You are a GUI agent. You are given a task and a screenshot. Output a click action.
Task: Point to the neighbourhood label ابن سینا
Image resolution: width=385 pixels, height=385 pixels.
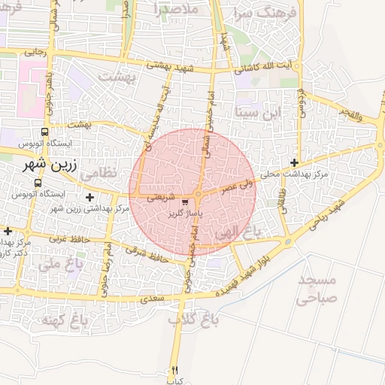pyautogui.click(x=261, y=114)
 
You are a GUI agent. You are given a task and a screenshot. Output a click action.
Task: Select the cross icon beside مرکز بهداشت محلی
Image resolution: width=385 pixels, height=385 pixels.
pyautogui.click(x=294, y=162)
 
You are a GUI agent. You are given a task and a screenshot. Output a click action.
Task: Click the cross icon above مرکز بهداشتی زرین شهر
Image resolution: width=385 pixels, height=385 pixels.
pyautogui.click(x=90, y=197)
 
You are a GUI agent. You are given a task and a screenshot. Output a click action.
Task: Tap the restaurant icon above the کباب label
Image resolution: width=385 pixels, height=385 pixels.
pyautogui.click(x=175, y=369)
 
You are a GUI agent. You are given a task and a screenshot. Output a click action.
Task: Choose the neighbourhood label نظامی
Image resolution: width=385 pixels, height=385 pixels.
pyautogui.click(x=99, y=172)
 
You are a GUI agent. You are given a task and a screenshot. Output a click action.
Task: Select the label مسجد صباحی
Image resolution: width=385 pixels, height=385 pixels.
pyautogui.click(x=319, y=289)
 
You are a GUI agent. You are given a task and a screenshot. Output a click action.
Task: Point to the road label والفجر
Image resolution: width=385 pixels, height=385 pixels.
pyautogui.click(x=350, y=117)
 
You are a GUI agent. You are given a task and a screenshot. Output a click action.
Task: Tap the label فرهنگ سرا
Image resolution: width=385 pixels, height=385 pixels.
pyautogui.click(x=265, y=13)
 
